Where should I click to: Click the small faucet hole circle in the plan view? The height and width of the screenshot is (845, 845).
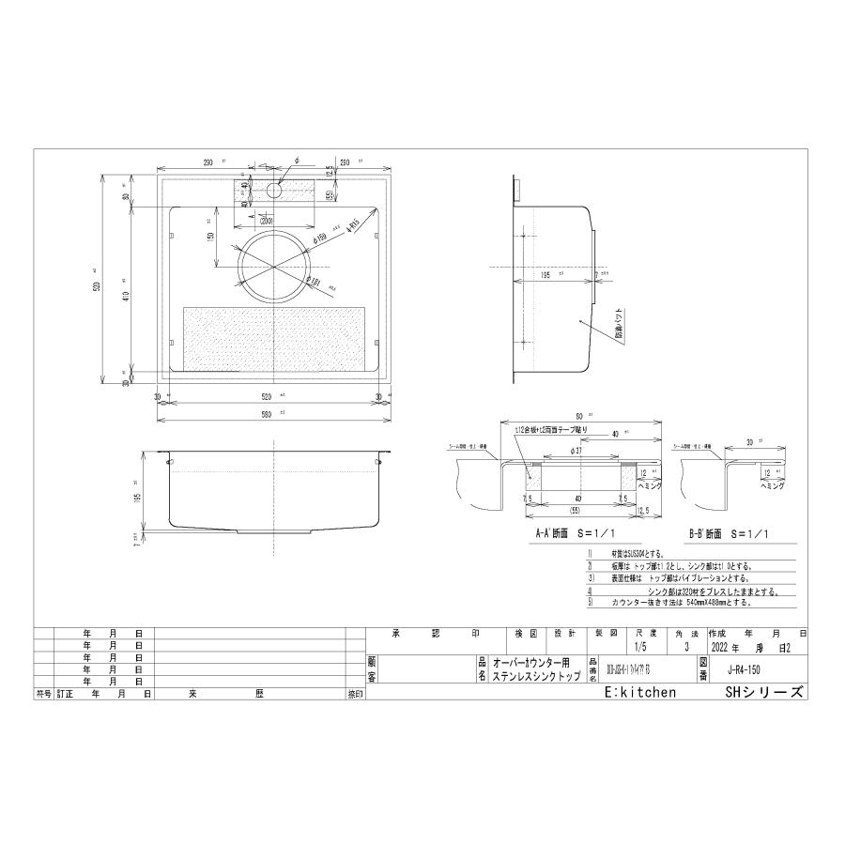(274, 190)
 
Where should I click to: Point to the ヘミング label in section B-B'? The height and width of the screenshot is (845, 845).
(776, 487)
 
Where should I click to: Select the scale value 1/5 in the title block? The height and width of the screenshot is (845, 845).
(641, 647)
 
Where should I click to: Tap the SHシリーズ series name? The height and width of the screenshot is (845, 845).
(764, 692)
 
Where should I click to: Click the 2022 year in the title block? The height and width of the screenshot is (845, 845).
(722, 647)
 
